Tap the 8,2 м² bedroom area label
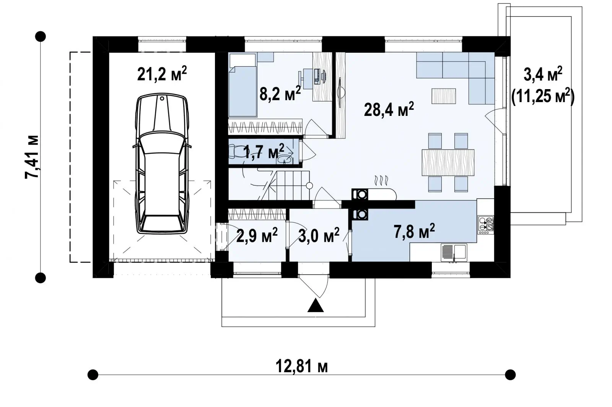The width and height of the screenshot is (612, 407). (x=280, y=93)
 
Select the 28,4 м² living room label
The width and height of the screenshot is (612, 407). (x=389, y=109)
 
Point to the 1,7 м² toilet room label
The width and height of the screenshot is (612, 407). (x=264, y=151)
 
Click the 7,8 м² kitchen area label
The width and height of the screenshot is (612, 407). (x=414, y=231)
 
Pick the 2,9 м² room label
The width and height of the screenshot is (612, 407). (x=257, y=235)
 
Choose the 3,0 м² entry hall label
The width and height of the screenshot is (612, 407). (x=319, y=235)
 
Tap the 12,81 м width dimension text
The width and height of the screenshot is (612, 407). (x=301, y=366)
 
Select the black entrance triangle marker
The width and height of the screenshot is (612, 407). (x=316, y=305)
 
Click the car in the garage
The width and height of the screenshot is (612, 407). (x=162, y=163)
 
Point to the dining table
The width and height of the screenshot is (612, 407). (x=448, y=162)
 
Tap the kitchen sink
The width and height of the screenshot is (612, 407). (x=454, y=253)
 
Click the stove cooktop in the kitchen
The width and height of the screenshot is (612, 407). (x=486, y=225)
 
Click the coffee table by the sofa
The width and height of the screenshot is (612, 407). (x=444, y=96)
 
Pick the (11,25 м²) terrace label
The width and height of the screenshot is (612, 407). (x=543, y=96)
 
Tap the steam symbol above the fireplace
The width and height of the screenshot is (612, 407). (x=381, y=181)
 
